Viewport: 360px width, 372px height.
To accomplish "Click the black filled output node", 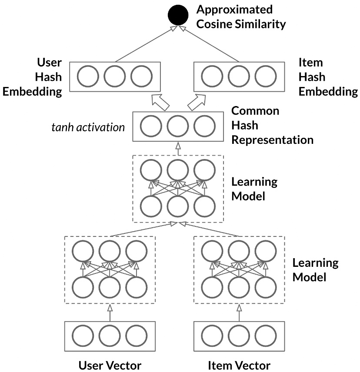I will pos(178,16).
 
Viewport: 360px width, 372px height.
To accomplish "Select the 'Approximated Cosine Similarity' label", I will pos(241,17).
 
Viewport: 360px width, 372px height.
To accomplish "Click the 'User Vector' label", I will pos(110,365).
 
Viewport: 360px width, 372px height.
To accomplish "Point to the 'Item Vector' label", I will pos(239,365).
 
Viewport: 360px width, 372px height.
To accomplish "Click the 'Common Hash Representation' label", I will pos(272,125).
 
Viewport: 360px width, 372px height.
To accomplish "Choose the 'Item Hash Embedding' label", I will pos(328,77).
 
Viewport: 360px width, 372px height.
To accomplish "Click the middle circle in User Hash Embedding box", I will pos(115,76).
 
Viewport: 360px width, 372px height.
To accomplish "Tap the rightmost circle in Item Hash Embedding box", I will pos(266,76).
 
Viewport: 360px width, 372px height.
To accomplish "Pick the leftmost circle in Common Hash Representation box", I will pos(151,126).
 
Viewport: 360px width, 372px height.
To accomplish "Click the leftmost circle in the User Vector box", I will pos(83,336).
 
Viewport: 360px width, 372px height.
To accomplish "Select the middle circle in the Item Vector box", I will pos(239,336).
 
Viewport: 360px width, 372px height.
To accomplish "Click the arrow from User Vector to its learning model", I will pos(110,312).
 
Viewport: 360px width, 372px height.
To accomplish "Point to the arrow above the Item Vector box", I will pos(239,312).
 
